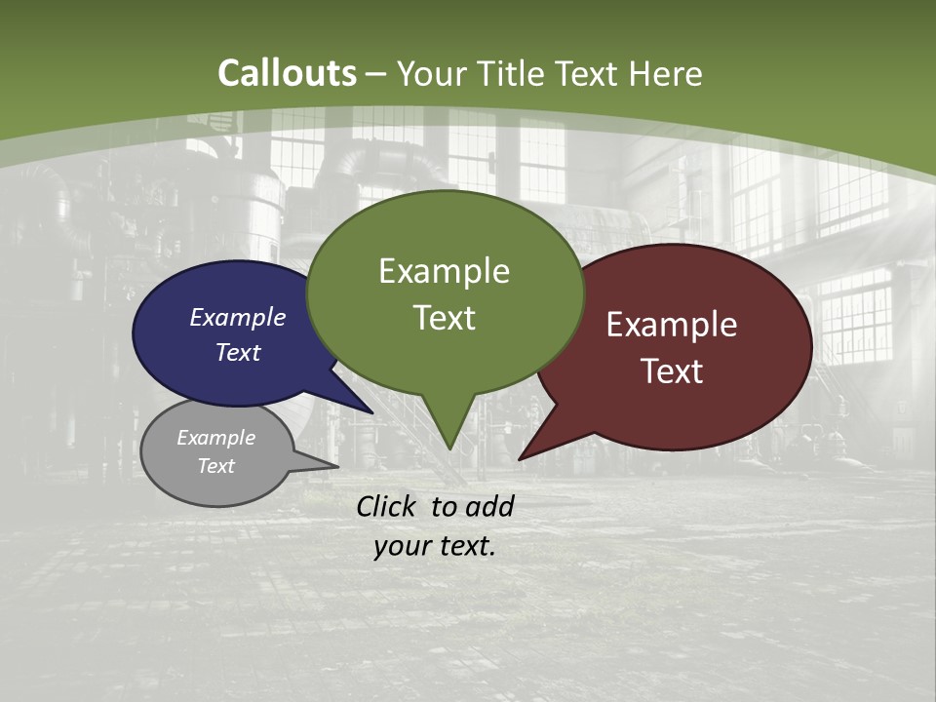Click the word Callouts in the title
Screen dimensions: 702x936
[x=287, y=73]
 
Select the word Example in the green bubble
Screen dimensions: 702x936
[x=444, y=271]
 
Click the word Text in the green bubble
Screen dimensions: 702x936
[x=444, y=318]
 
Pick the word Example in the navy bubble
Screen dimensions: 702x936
[x=238, y=317]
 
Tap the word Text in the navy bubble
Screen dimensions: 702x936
[x=238, y=352]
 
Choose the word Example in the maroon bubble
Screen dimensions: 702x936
[x=672, y=325]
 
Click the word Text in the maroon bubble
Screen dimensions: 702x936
[x=672, y=371]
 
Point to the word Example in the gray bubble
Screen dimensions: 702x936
[x=216, y=438]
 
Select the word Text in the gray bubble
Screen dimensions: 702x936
[x=216, y=466]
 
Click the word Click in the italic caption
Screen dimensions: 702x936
[x=388, y=506]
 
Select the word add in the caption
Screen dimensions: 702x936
[x=488, y=506]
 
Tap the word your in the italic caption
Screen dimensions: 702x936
[x=403, y=546]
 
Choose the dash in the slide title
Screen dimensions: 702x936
[x=375, y=74]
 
